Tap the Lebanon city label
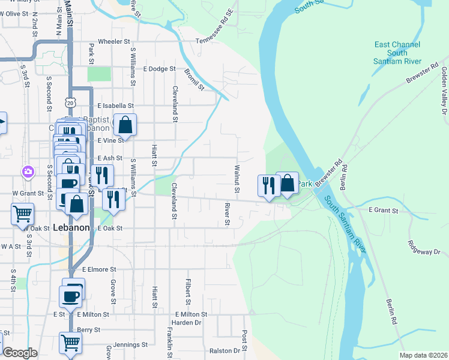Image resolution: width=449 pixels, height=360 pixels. [x=71, y=228]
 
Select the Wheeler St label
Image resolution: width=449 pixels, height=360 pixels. [x=113, y=42]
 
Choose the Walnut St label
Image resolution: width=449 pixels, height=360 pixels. [x=237, y=179]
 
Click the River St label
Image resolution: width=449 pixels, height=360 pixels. [x=228, y=214]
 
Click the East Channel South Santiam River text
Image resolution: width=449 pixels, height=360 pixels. [x=397, y=53]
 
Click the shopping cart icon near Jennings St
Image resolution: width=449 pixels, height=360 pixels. [x=70, y=343]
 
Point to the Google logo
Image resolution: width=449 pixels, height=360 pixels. [x=20, y=353]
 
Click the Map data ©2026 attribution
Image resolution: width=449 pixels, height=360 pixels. [x=424, y=355]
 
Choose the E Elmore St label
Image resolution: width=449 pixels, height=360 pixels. [x=99, y=270]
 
